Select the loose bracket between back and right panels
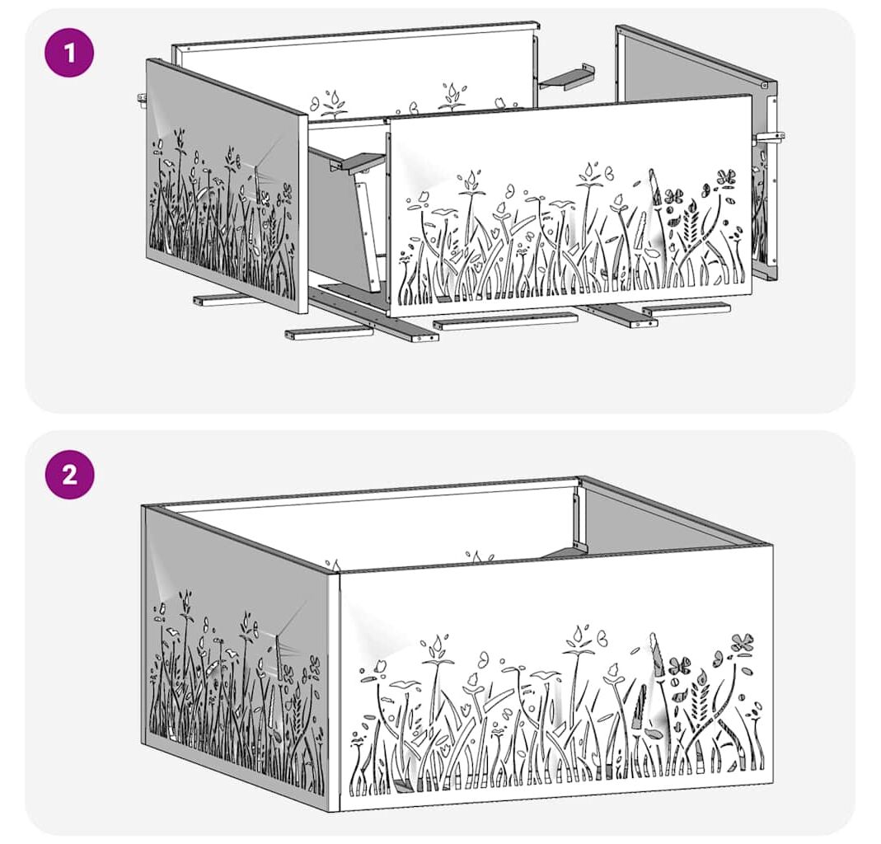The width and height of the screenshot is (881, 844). pos(568,77)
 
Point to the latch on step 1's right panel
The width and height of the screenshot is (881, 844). pos(771,137)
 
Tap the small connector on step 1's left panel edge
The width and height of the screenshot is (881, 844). pos(142,100)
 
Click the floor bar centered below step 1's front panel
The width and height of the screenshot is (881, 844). pos(505,321)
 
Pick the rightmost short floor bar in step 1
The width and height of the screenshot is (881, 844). pos(686,308)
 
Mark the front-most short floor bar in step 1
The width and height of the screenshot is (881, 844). pos(329,333)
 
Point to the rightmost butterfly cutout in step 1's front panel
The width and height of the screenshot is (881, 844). pos(726,177)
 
